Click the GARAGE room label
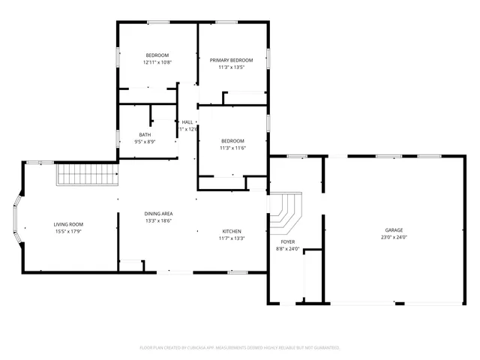pyautogui.click(x=394, y=230)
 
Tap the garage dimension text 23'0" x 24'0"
pyautogui.click(x=394, y=238)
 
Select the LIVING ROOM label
pyautogui.click(x=67, y=224)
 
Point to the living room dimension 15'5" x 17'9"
pyautogui.click(x=67, y=232)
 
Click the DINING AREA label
pyautogui.click(x=158, y=214)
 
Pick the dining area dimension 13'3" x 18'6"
pyautogui.click(x=158, y=221)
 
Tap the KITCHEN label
pyautogui.click(x=231, y=231)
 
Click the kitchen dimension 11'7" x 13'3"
pyautogui.click(x=231, y=238)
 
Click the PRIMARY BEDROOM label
pyautogui.click(x=231, y=60)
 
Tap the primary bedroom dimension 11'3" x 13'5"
pyautogui.click(x=231, y=67)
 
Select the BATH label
pyautogui.click(x=145, y=134)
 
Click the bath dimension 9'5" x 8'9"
pyautogui.click(x=145, y=142)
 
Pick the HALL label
pyautogui.click(x=187, y=121)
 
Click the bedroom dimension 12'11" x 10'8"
pyautogui.click(x=157, y=63)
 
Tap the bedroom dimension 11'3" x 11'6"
pyautogui.click(x=232, y=148)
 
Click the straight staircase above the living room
pyautogui.click(x=88, y=175)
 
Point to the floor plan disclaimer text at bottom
pyautogui.click(x=240, y=348)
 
